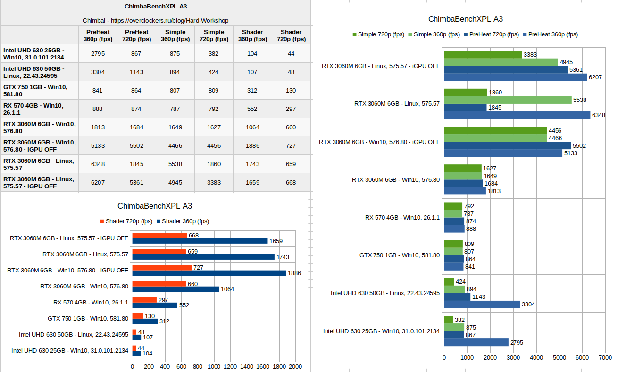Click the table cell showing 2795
click(x=98, y=53)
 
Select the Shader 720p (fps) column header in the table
click(x=291, y=35)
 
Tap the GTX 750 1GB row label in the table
click(x=35, y=91)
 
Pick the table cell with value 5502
click(x=136, y=145)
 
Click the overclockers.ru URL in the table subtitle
click(x=169, y=21)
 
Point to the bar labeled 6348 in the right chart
click(x=517, y=115)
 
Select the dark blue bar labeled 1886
click(x=209, y=273)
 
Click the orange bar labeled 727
click(x=162, y=268)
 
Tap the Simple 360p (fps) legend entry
click(x=434, y=34)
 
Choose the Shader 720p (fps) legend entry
click(x=126, y=221)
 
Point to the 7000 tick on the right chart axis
click(x=605, y=358)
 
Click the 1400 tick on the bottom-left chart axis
click(x=246, y=366)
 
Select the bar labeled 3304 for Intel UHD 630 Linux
click(x=482, y=304)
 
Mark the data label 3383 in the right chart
click(x=530, y=55)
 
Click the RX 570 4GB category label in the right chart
click(x=402, y=217)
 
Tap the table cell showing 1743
click(x=252, y=164)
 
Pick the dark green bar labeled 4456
click(x=495, y=130)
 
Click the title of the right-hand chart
click(x=466, y=19)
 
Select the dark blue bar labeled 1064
click(x=176, y=289)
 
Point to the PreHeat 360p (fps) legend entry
click(x=551, y=34)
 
